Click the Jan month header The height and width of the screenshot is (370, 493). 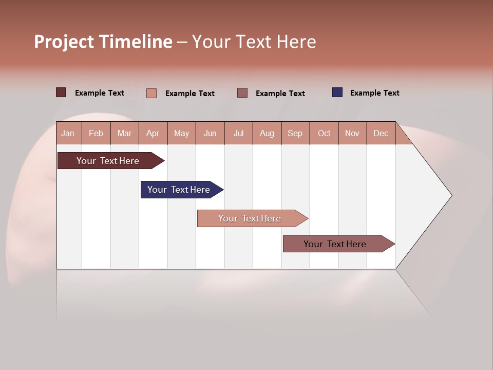point(68,133)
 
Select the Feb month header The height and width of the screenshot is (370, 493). point(96,133)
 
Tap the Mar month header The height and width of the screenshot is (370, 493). point(124,133)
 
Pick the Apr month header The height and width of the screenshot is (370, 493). point(153,133)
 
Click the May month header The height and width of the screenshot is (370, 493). point(181,133)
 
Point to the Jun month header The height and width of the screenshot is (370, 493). point(210,133)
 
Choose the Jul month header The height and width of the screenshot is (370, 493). point(238,133)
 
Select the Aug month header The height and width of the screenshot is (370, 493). point(267,133)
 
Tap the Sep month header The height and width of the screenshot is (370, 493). point(295,133)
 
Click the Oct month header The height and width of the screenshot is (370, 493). point(324,133)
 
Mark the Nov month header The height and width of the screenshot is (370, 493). point(352,133)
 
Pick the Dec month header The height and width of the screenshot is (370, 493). point(381,133)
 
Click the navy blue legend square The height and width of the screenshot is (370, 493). point(337,92)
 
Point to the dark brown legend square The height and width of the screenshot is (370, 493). point(61,92)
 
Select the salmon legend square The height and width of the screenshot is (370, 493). point(151,93)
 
